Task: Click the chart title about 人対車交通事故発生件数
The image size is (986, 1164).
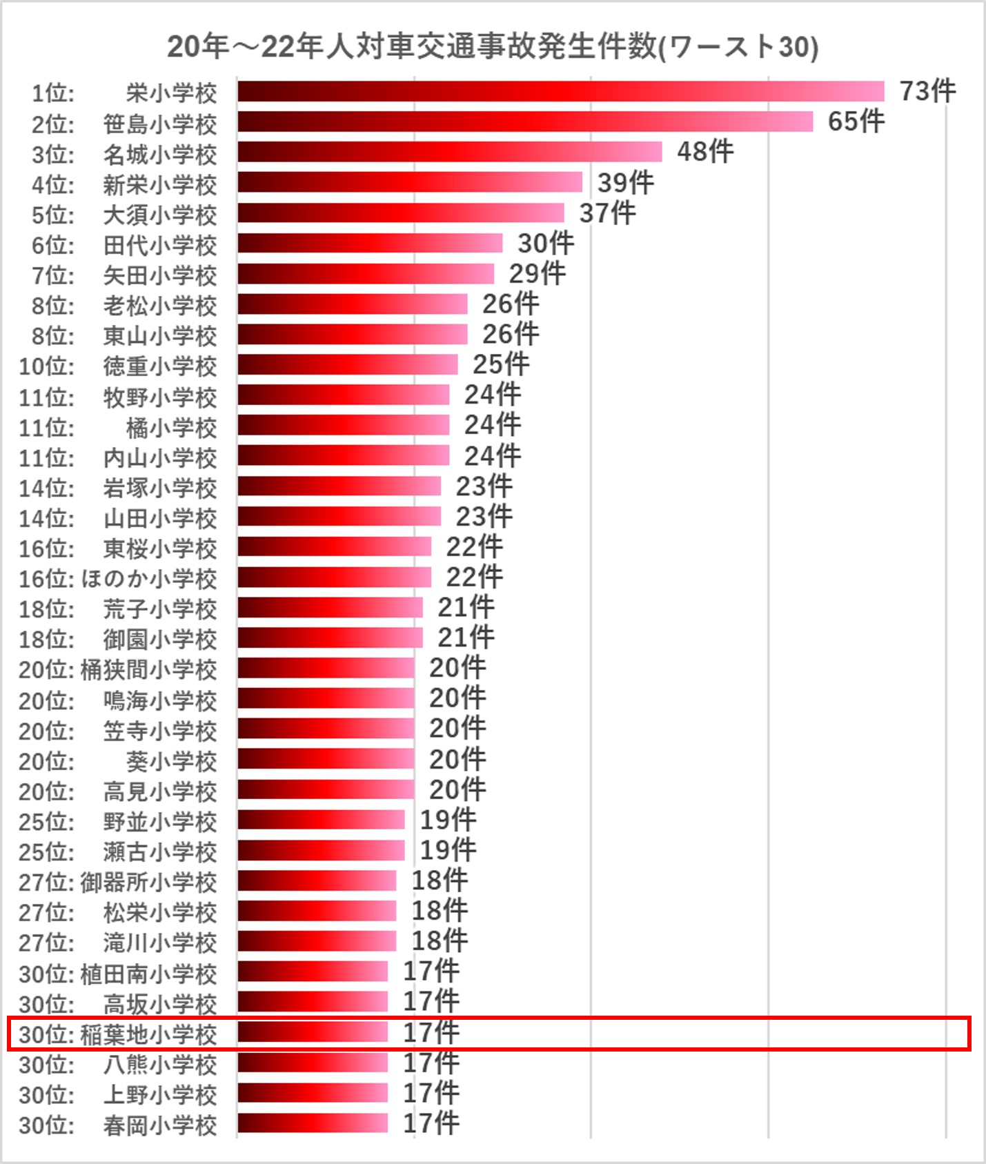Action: [x=493, y=47]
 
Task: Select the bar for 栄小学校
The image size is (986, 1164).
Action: [x=560, y=92]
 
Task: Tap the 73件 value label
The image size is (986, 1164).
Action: [x=927, y=91]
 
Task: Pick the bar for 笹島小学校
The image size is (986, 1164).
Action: [x=525, y=122]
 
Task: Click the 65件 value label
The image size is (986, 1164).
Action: [x=856, y=121]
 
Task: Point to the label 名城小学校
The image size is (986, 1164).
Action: [x=159, y=155]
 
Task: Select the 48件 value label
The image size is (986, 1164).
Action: [x=704, y=152]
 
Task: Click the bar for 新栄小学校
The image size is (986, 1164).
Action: [x=410, y=183]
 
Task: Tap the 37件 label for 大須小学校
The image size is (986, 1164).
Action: [x=607, y=213]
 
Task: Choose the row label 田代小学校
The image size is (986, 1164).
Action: [x=159, y=246]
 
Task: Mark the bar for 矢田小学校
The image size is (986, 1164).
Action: [x=366, y=274]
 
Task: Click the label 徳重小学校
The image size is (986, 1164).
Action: [x=159, y=366]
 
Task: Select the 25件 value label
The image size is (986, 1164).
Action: [x=501, y=364]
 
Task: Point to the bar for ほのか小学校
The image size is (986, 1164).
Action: [x=334, y=578]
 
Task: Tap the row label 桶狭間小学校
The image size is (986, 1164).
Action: [x=148, y=670]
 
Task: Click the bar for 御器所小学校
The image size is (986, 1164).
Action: [x=317, y=881]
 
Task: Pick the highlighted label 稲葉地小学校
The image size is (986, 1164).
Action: [x=148, y=1034]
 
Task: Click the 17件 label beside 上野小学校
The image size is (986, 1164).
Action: [x=431, y=1093]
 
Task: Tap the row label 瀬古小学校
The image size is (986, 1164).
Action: [x=159, y=852]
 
